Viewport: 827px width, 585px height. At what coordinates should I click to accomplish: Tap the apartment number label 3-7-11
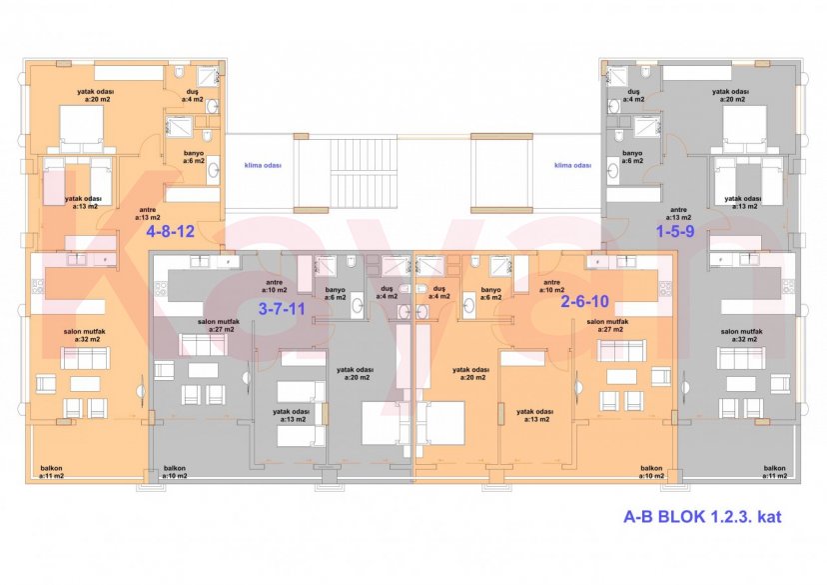pyautogui.click(x=282, y=308)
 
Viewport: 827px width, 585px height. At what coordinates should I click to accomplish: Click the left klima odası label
pyautogui.click(x=262, y=166)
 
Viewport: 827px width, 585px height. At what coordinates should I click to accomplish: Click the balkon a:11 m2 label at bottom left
pyautogui.click(x=52, y=472)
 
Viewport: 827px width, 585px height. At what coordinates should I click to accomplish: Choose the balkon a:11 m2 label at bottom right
pyautogui.click(x=775, y=472)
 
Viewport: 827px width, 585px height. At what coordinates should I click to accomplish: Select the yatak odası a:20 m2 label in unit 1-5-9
pyautogui.click(x=731, y=95)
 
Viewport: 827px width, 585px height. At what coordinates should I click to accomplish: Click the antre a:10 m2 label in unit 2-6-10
pyautogui.click(x=552, y=285)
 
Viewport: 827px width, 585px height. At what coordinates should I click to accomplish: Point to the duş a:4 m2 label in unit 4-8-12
pyautogui.click(x=192, y=96)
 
